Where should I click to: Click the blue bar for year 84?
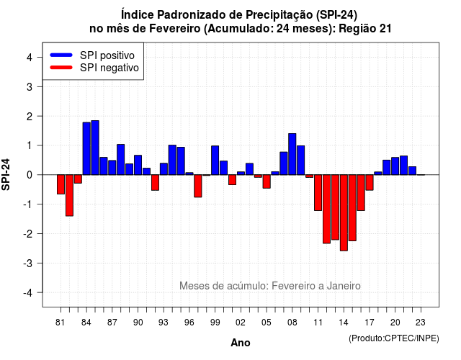point(86,148)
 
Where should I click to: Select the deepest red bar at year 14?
point(344,213)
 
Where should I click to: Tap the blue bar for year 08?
point(292,154)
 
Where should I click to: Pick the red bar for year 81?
point(61,184)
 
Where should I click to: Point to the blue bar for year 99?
point(215,160)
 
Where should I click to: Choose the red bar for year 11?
point(318,192)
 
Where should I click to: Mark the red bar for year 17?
point(370,182)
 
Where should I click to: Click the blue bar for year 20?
point(395,166)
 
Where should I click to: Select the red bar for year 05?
point(267,181)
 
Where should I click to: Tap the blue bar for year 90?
point(138,165)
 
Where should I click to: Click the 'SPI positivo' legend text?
point(107,55)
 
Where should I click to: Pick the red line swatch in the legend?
point(61,68)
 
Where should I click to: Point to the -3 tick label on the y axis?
point(29,263)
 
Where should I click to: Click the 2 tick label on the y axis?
point(30,116)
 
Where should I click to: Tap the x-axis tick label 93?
point(164,323)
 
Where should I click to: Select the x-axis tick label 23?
point(421,323)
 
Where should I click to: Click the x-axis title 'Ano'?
point(241,343)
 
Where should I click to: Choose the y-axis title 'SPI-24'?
point(6,174)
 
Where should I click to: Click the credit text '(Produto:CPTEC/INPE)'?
point(394,338)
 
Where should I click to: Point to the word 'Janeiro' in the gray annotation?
point(344,286)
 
